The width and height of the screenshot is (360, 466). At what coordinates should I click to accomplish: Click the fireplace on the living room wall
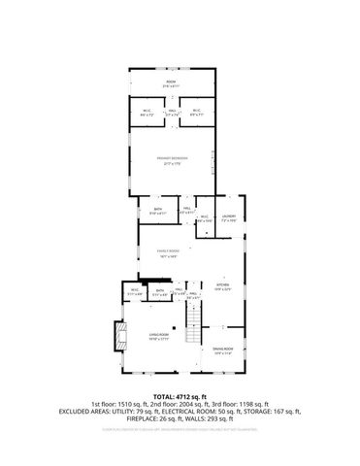pyautogui.click(x=120, y=337)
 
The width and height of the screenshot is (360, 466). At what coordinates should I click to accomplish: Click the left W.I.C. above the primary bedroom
pyautogui.click(x=147, y=111)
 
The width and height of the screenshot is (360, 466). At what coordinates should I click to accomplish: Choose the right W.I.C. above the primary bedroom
pyautogui.click(x=197, y=111)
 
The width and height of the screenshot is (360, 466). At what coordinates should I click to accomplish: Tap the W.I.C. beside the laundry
pyautogui.click(x=205, y=217)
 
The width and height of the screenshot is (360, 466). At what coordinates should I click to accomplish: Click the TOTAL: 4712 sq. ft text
pyautogui.click(x=180, y=396)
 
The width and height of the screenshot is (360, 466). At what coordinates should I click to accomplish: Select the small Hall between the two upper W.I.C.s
pyautogui.click(x=172, y=111)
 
